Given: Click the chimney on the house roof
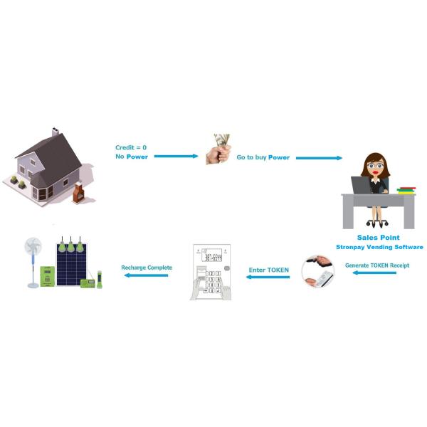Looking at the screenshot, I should (x=55, y=132).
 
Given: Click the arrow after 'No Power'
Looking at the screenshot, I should (x=176, y=157).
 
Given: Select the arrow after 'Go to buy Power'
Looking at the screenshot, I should (x=318, y=157).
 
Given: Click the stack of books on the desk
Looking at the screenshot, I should (x=406, y=189).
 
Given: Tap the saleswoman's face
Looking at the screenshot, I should (x=375, y=168).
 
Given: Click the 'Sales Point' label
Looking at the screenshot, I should (x=378, y=237).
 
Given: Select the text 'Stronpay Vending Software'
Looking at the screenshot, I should (x=379, y=247).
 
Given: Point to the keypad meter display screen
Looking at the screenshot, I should (x=212, y=256).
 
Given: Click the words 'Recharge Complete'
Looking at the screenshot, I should (x=147, y=268).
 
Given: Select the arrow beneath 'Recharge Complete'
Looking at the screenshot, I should (x=147, y=277).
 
